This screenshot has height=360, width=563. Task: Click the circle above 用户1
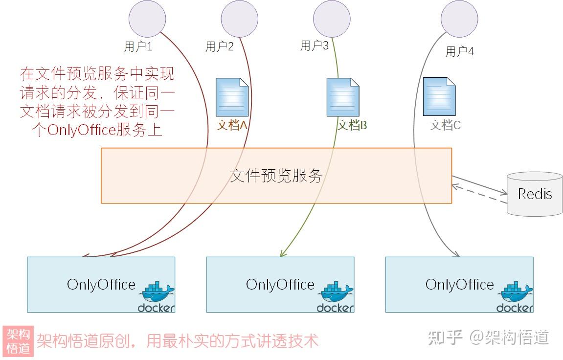(147, 18)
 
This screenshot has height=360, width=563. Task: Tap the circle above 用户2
(239, 18)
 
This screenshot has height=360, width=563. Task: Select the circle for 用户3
(332, 18)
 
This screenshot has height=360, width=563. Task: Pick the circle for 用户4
(459, 18)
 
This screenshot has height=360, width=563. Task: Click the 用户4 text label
(459, 51)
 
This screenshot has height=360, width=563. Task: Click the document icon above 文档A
(232, 96)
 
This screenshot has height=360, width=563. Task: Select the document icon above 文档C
(439, 96)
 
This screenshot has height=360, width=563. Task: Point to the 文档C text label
(445, 125)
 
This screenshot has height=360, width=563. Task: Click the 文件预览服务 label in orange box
(276, 176)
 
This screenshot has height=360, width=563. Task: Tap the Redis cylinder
(535, 194)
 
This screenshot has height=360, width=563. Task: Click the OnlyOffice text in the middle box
(280, 285)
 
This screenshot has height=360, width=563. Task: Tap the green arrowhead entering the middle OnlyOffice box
(282, 253)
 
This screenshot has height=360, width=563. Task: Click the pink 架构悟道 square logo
(18, 341)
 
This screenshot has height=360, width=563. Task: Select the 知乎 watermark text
(445, 337)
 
